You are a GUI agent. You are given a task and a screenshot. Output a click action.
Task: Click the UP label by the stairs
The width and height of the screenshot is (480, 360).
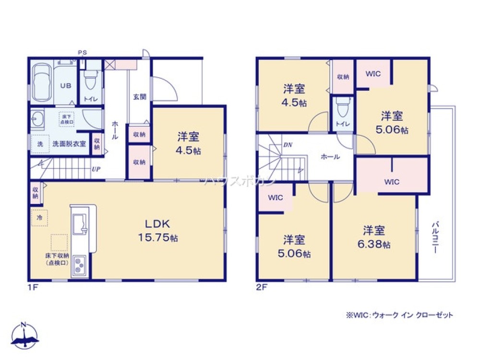(x=96, y=169)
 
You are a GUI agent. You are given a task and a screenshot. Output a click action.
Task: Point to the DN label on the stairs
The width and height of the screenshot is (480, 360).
(x=288, y=144)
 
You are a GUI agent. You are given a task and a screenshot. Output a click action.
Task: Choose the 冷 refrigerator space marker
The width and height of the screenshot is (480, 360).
(x=39, y=217)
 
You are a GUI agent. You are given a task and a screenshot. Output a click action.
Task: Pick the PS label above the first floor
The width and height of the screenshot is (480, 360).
(x=83, y=52)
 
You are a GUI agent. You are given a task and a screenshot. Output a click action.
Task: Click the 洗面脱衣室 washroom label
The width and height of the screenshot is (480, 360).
(x=70, y=144)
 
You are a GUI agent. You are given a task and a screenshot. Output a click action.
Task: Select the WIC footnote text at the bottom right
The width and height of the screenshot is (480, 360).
(x=398, y=315)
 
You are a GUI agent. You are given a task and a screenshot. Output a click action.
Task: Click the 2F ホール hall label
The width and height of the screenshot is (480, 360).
(x=330, y=156)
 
